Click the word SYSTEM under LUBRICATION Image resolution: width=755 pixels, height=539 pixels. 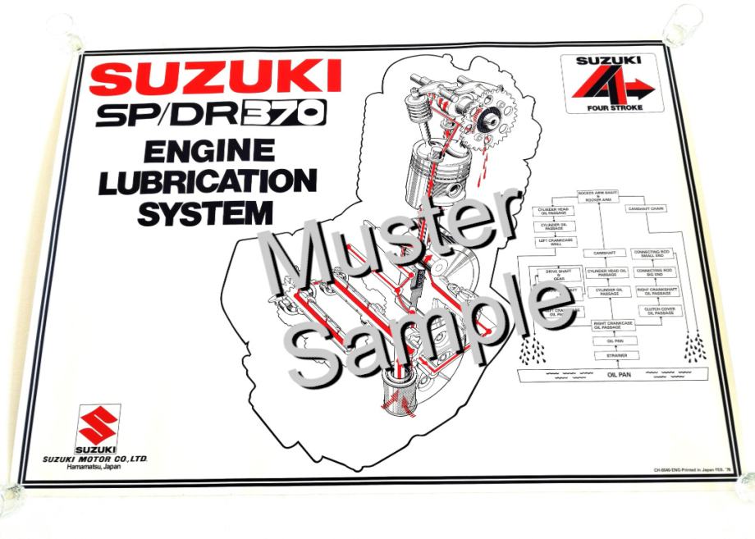206,212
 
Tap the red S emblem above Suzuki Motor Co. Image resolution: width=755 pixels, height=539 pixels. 99,425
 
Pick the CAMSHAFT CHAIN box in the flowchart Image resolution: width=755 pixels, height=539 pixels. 647,209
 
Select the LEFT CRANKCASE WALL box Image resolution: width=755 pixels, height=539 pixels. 555,242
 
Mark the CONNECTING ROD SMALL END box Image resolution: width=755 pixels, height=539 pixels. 654,254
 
